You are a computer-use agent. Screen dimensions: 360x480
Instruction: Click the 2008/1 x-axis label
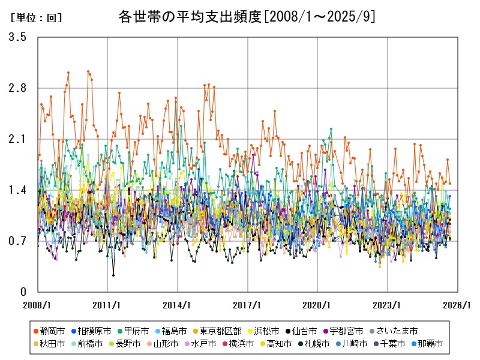(x=38, y=305)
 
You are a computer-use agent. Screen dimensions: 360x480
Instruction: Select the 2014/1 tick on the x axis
(x=178, y=305)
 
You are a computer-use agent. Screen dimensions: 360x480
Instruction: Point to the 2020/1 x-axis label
(x=318, y=305)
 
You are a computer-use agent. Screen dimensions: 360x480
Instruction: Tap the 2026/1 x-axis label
(x=458, y=305)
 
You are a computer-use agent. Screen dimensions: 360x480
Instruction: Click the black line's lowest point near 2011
(x=113, y=275)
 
